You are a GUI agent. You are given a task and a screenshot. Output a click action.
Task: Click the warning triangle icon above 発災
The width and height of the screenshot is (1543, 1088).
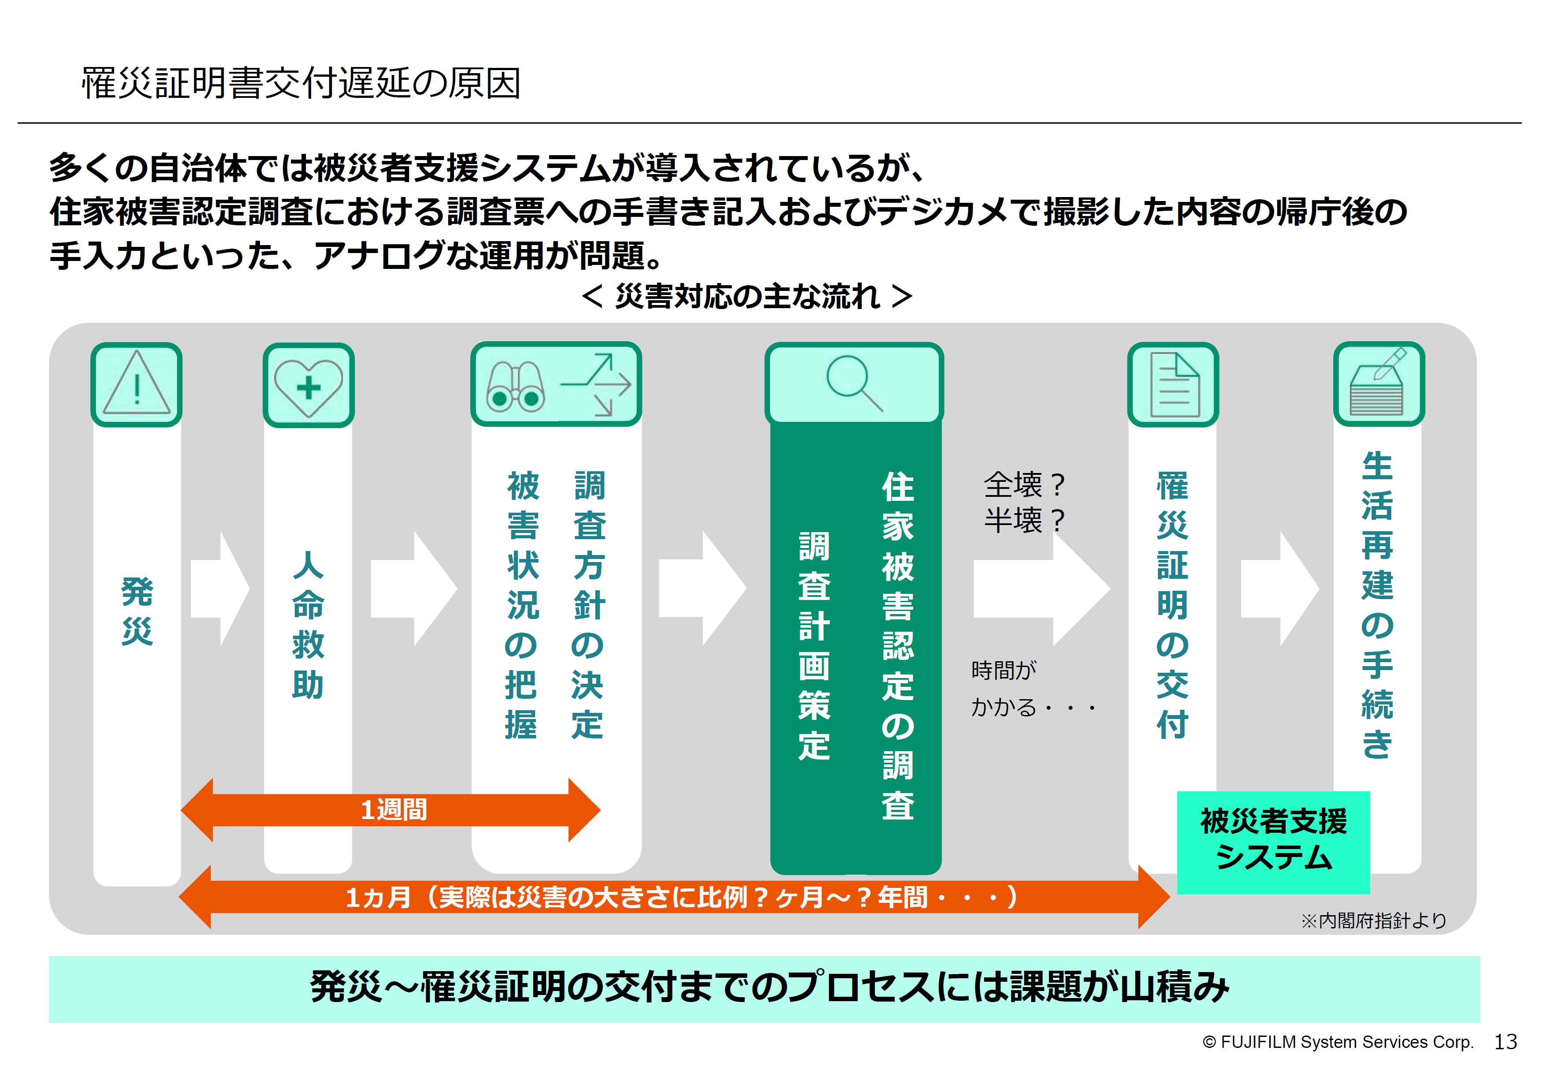click(137, 384)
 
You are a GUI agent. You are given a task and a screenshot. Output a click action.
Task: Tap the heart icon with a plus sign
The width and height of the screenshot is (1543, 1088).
click(309, 386)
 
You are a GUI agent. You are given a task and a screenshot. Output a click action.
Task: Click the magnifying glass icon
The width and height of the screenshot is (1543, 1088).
click(854, 382)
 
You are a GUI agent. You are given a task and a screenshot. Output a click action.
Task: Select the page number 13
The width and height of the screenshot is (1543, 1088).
click(1506, 1042)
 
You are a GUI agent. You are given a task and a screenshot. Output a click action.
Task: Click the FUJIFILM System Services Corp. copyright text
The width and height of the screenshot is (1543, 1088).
click(1337, 1042)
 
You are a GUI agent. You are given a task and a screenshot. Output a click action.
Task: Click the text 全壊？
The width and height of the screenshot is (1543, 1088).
click(1024, 484)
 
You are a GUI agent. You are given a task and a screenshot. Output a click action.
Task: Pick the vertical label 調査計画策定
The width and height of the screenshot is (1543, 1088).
click(814, 645)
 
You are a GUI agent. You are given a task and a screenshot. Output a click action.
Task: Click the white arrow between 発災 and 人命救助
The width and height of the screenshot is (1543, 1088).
click(220, 589)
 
